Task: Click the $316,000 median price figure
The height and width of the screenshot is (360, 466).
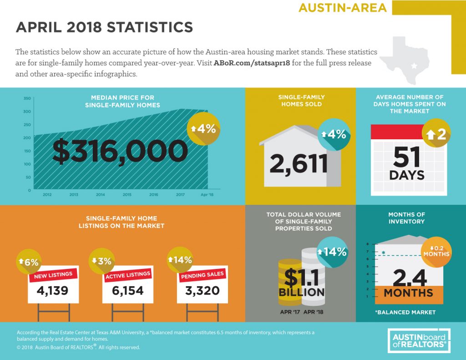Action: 120,151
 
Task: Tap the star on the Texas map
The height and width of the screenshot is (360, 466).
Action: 414,66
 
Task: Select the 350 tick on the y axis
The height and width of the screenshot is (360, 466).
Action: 27,98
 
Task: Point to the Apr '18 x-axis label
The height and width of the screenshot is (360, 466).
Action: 207,195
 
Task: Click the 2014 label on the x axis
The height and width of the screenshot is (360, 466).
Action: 101,195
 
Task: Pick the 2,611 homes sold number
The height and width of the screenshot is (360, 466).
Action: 299,164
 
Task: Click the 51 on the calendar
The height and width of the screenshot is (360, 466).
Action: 406,157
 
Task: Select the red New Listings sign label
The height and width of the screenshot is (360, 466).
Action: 53,275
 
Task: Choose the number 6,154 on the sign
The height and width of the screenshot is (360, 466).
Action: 128,291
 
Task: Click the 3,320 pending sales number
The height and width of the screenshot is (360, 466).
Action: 203,291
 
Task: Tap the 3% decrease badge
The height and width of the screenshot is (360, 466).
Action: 102,261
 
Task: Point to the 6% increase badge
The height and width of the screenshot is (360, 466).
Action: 29,262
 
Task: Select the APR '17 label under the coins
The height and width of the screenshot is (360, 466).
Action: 290,312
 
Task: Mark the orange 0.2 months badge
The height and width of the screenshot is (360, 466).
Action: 436,252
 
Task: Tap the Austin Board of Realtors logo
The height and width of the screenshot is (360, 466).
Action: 419,341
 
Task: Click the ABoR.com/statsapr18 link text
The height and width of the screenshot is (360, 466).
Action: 252,63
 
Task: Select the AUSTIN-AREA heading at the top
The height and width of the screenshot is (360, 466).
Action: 343,8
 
